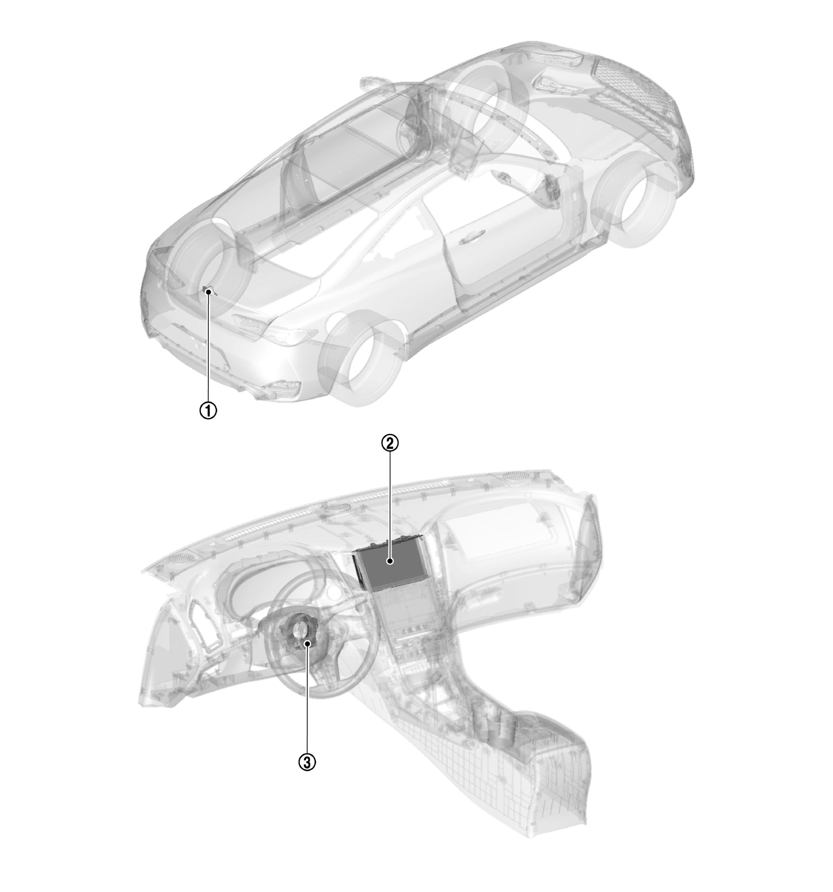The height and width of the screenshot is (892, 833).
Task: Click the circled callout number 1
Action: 208,410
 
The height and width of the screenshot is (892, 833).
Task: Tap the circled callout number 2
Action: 390,443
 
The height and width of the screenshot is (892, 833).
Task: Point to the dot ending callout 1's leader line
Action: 208,292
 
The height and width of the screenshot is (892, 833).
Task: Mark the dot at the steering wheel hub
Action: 308,644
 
